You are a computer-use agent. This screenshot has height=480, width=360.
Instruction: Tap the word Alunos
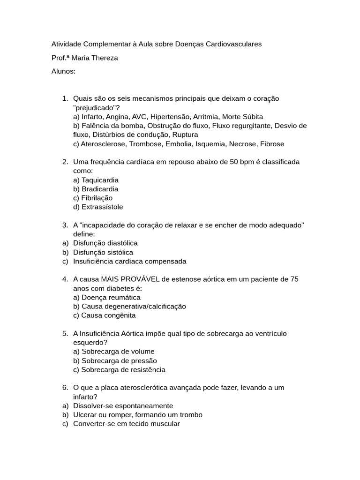pos(63,71)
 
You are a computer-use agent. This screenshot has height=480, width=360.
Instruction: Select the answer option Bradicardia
pos(100,189)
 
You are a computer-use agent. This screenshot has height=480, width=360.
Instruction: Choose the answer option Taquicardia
pos(100,180)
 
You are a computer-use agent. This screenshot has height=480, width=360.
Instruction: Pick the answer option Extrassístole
pos(102,207)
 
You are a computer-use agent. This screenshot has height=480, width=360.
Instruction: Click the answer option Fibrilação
pos(97,198)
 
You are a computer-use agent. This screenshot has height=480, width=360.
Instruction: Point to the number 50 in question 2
pos(234,162)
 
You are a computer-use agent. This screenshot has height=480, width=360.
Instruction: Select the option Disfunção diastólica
pos(105,243)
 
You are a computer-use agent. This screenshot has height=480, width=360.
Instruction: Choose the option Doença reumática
pos(111,297)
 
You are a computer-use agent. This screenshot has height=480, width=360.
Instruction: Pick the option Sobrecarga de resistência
pos(123,369)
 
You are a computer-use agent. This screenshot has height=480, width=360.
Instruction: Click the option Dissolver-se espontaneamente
pos(123,405)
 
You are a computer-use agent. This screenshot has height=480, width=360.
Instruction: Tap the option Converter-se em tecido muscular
pos(127,424)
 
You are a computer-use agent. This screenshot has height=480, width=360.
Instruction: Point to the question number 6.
pos(65,388)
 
